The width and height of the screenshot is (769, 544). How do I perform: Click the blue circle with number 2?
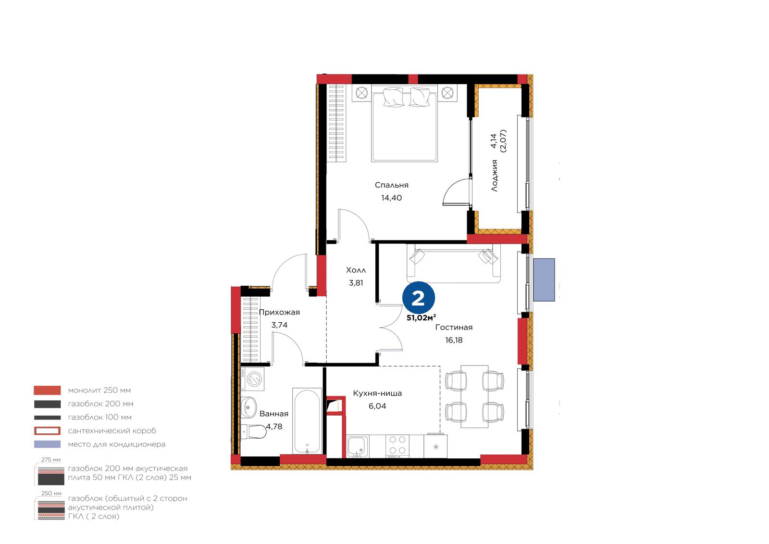click(x=419, y=298)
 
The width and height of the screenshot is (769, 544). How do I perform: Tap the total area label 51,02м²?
click(x=421, y=318)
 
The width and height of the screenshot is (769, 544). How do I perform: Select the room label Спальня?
click(x=391, y=185)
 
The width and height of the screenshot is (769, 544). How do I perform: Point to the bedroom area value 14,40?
click(x=391, y=198)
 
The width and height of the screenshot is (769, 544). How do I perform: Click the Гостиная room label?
click(x=454, y=328)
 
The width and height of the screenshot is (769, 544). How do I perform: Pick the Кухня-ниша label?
click(x=377, y=393)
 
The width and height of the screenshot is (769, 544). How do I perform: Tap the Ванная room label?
click(x=273, y=414)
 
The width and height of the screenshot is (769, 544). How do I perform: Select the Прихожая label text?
click(x=279, y=313)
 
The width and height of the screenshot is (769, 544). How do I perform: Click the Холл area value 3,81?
click(x=356, y=283)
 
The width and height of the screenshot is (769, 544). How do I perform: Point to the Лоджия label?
click(x=495, y=176)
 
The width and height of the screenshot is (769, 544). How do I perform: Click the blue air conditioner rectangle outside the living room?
click(x=544, y=280)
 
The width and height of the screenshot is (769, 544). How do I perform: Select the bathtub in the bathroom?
click(x=307, y=421)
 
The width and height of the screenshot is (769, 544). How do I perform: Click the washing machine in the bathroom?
click(x=252, y=379)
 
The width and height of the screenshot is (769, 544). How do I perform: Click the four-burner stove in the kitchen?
click(x=397, y=446)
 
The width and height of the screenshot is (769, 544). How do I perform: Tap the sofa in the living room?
click(x=454, y=264)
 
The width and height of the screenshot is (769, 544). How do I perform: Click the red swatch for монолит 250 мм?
click(x=48, y=391)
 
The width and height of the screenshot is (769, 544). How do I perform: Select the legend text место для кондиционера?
click(x=117, y=444)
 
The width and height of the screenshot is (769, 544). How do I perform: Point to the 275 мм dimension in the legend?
click(x=51, y=460)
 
